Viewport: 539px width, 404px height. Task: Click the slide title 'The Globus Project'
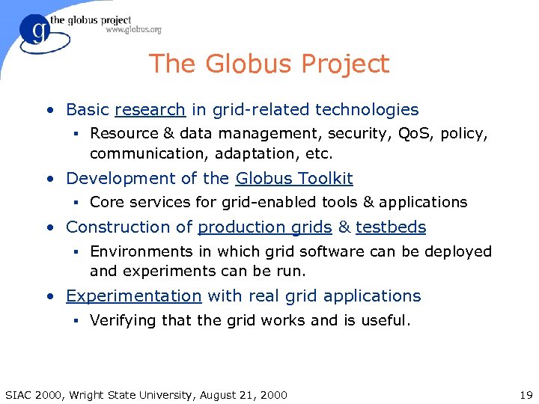click(x=269, y=64)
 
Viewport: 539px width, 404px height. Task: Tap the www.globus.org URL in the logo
click(x=133, y=30)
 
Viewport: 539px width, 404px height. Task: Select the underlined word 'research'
click(x=150, y=110)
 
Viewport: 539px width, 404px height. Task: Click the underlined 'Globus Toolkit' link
click(x=294, y=179)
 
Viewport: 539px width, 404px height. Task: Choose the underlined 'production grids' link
click(x=264, y=227)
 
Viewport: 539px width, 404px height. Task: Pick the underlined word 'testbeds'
click(x=391, y=227)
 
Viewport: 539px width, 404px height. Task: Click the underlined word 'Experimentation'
click(x=133, y=296)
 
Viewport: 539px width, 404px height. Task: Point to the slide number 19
click(x=526, y=394)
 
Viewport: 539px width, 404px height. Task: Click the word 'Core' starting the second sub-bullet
click(x=106, y=202)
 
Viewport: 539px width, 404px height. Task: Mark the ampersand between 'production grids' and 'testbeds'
click(x=344, y=227)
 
